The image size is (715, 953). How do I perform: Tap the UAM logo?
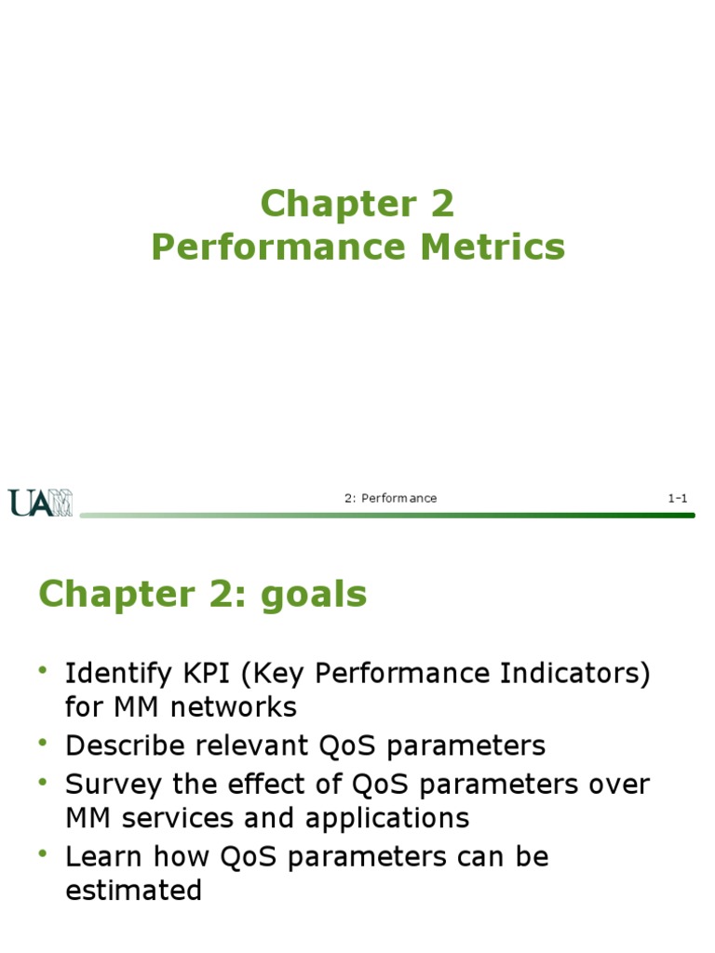(41, 502)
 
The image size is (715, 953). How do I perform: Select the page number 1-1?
(677, 498)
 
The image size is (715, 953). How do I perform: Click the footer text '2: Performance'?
(390, 498)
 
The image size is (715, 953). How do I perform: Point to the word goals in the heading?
(313, 594)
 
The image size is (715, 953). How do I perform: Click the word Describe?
(126, 745)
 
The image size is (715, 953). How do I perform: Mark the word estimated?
(133, 891)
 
